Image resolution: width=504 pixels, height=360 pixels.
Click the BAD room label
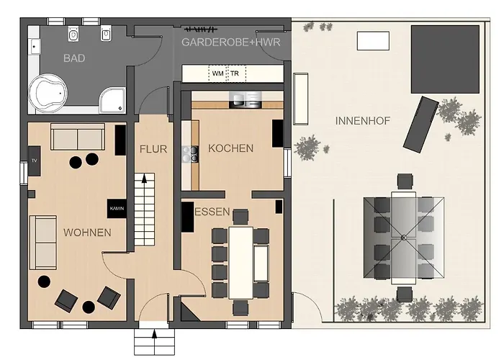pos(74,58)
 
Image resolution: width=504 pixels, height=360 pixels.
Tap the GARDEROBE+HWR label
pos(235,42)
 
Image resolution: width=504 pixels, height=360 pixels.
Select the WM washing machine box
pos(217,73)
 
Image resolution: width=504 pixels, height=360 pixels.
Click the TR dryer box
pos(235,73)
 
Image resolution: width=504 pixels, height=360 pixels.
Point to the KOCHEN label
pos(230,148)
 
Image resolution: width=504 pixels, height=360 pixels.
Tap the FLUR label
pos(153,150)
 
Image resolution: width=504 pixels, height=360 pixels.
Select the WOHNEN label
pos(87,233)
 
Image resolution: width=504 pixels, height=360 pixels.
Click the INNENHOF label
pos(362,121)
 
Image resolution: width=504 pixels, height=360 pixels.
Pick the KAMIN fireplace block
pos(117,207)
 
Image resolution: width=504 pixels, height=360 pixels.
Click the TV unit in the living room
pos(34,161)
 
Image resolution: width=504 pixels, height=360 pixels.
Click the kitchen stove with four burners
pos(192,154)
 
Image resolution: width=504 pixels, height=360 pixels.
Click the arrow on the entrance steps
pos(156,333)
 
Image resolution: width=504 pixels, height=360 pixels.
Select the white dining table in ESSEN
pos(240,262)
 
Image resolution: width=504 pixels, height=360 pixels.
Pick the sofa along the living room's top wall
pos(78,136)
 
